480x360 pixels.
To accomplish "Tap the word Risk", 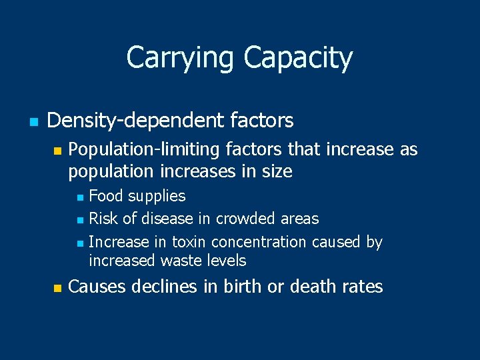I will pyautogui.click(x=102, y=219).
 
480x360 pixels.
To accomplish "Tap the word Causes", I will pyautogui.click(x=97, y=287).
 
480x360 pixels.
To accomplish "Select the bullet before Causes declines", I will pyautogui.click(x=57, y=288).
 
